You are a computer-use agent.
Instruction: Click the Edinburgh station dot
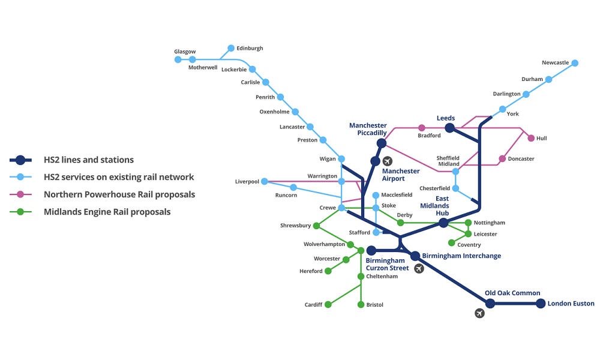(231, 48)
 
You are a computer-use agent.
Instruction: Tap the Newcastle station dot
(575, 63)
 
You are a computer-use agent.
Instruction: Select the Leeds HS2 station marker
(449, 128)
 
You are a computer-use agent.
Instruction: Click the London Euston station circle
(541, 304)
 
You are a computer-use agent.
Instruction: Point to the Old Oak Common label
(512, 293)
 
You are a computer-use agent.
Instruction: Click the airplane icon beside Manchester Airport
(387, 161)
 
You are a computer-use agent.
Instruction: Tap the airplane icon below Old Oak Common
(479, 313)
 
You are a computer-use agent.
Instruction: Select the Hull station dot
(531, 138)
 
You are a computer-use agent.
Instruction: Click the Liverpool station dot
(265, 181)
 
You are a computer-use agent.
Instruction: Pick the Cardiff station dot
(328, 305)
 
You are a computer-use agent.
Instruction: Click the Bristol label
(374, 305)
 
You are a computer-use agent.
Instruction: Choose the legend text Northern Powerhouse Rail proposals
(119, 194)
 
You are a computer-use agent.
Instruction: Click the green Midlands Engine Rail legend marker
(20, 212)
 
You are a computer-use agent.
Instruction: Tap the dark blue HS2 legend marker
(20, 160)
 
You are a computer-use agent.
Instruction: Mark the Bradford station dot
(422, 128)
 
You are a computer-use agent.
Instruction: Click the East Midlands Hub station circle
(443, 223)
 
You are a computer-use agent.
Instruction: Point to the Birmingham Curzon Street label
(387, 265)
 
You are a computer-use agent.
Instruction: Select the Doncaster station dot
(502, 159)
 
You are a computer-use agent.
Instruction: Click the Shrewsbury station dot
(316, 226)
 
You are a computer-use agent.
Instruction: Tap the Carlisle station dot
(266, 82)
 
